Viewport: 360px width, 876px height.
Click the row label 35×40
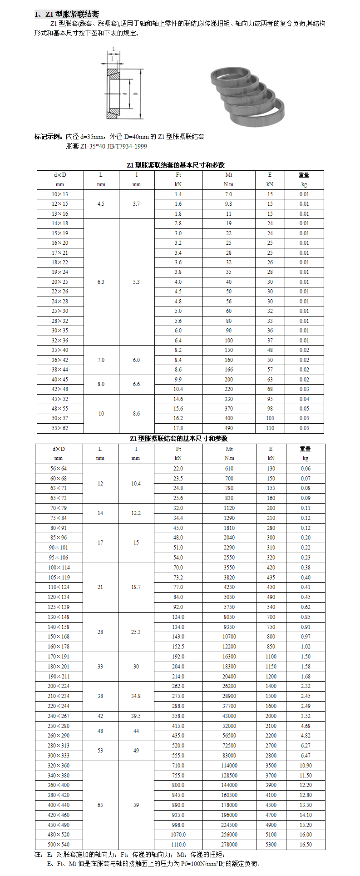click(x=60, y=350)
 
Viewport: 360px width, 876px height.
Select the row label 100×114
click(x=59, y=568)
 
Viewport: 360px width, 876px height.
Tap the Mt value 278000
click(x=229, y=844)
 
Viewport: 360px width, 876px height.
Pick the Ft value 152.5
click(x=178, y=646)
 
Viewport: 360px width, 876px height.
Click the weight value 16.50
click(x=306, y=844)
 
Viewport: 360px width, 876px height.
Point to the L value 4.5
click(x=101, y=204)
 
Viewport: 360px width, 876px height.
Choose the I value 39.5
click(x=136, y=716)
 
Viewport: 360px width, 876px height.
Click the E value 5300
click(x=271, y=844)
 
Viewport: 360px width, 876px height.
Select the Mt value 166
click(x=229, y=370)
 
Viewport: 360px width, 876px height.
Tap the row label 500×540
click(x=59, y=844)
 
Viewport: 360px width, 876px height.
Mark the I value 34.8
click(x=136, y=696)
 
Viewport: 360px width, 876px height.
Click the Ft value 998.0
click(x=178, y=825)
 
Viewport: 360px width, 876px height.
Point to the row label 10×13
click(x=60, y=194)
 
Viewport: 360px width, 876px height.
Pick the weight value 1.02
click(x=306, y=646)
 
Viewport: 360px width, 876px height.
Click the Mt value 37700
click(x=229, y=706)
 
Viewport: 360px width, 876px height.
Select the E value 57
click(x=270, y=370)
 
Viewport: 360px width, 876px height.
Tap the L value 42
click(x=100, y=716)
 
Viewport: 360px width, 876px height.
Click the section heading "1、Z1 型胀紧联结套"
click(x=67, y=15)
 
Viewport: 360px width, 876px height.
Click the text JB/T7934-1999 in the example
click(x=127, y=146)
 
